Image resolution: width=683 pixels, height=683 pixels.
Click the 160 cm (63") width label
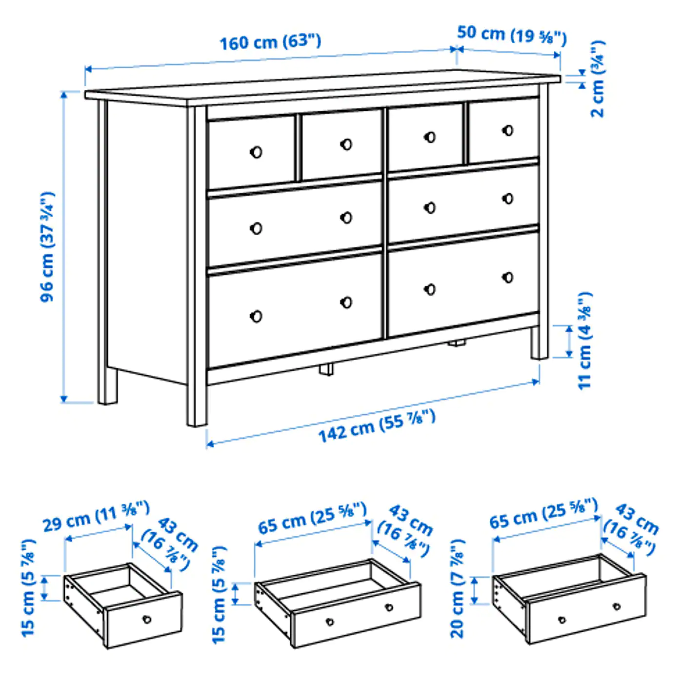pyautogui.click(x=270, y=42)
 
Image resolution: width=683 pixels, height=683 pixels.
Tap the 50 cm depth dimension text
pyautogui.click(x=511, y=35)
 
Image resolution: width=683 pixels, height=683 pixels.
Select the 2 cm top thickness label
pyautogui.click(x=598, y=79)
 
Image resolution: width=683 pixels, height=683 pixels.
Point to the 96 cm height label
pyautogui.click(x=47, y=247)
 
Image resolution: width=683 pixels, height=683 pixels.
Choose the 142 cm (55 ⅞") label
pyautogui.click(x=376, y=426)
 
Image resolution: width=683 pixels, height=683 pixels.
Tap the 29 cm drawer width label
pyautogui.click(x=96, y=517)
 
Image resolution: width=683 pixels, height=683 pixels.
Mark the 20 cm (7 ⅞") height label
pyautogui.click(x=458, y=588)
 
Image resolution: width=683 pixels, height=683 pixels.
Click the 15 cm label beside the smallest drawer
pyautogui.click(x=28, y=587)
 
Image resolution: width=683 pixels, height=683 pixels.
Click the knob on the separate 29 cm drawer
pyautogui.click(x=147, y=620)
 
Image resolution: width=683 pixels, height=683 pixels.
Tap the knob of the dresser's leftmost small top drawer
pyautogui.click(x=256, y=152)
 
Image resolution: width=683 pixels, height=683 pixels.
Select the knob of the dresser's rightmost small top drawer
pyautogui.click(x=508, y=130)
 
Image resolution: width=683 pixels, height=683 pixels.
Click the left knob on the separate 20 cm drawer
pyautogui.click(x=562, y=620)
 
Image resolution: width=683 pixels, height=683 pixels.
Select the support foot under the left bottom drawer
pyautogui.click(x=326, y=369)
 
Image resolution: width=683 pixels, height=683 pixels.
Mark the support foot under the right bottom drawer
pyautogui.click(x=457, y=343)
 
